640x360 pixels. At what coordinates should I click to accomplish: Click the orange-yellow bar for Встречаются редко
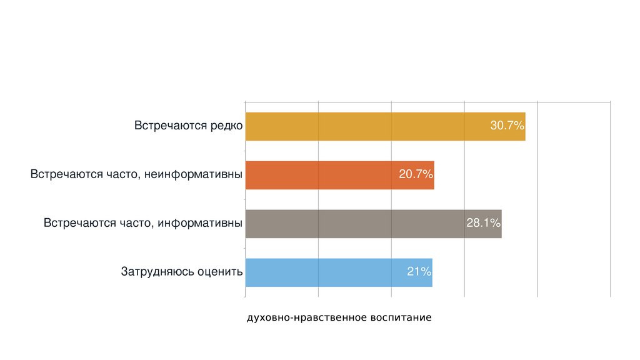(x=362, y=126)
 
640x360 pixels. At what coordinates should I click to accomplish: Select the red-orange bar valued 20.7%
(x=325, y=175)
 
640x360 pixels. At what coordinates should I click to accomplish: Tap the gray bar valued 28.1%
(x=350, y=224)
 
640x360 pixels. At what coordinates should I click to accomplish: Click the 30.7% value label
(x=506, y=126)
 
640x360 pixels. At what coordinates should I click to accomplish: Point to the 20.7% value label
(x=416, y=175)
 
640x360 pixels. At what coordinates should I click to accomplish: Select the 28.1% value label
(x=483, y=224)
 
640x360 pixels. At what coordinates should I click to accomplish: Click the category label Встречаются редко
(x=188, y=126)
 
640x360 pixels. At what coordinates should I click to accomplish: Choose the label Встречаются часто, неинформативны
(x=136, y=175)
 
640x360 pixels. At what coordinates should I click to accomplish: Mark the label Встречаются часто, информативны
(x=143, y=224)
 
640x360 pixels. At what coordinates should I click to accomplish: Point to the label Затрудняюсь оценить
(x=181, y=272)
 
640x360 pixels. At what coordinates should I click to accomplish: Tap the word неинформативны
(x=194, y=175)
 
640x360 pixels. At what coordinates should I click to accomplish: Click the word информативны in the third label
(x=200, y=224)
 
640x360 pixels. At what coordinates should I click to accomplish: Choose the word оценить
(x=219, y=272)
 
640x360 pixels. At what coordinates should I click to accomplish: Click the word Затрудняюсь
(x=157, y=272)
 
